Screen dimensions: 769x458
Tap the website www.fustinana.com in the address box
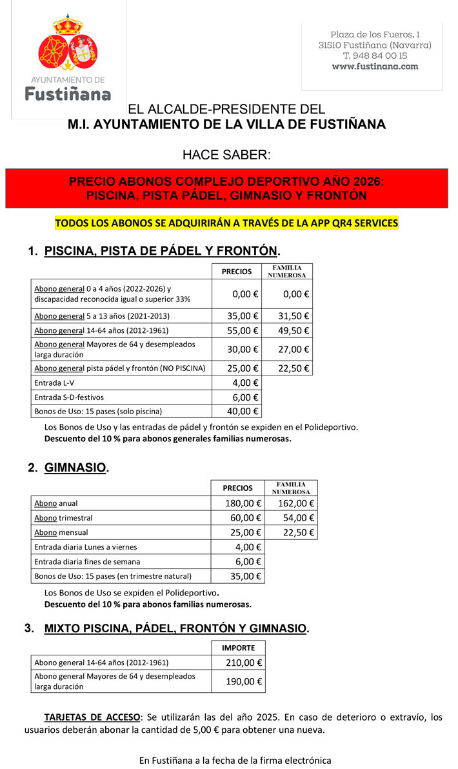[x=375, y=66]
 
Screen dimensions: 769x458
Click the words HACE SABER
[x=226, y=155]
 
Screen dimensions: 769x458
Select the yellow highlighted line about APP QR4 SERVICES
[x=226, y=223]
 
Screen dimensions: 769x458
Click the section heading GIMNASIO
[x=75, y=468]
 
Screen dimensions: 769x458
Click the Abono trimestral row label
[x=63, y=518]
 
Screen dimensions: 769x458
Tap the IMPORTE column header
[x=238, y=648]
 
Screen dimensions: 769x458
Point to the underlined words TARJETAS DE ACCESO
[x=92, y=717]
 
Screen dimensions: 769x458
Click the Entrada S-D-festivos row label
[x=69, y=397]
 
